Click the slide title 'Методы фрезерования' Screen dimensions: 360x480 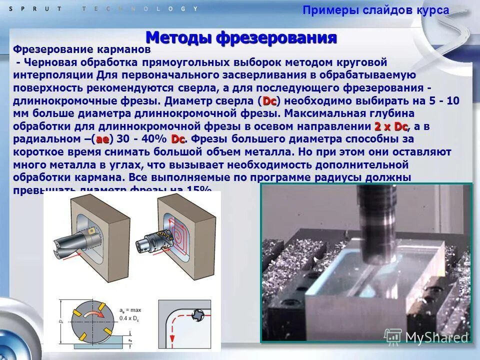point(241,38)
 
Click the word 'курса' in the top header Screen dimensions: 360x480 point(432,10)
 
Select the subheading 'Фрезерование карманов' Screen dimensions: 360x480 point(81,50)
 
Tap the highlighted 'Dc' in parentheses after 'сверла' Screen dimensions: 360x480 point(269,101)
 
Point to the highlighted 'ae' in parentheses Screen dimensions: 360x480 point(102,139)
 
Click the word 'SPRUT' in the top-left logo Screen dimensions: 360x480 point(30,8)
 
